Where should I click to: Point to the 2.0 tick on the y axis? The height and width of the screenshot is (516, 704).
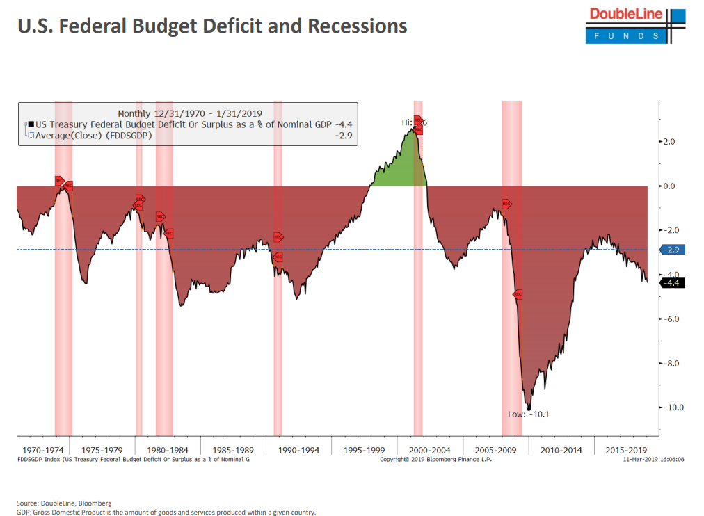point(668,142)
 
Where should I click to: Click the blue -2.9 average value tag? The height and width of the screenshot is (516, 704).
point(672,250)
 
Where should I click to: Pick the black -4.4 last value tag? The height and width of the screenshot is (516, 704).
point(672,283)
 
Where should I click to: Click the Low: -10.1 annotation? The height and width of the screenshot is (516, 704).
point(529,414)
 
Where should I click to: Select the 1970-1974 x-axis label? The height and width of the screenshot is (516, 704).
point(43,451)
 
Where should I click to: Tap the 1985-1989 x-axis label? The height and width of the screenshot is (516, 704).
point(233,451)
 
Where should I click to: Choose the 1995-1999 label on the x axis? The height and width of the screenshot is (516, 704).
point(365,451)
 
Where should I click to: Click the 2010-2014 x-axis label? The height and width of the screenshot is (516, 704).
point(561,451)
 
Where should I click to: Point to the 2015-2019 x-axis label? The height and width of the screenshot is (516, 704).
point(627,451)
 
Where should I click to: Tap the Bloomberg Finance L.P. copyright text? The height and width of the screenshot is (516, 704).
point(436,460)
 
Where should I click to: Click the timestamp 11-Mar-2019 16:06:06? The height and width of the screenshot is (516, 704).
point(654,460)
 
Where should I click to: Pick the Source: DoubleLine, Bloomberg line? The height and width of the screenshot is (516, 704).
point(64,503)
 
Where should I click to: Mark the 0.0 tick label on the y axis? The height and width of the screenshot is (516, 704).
point(668,186)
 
